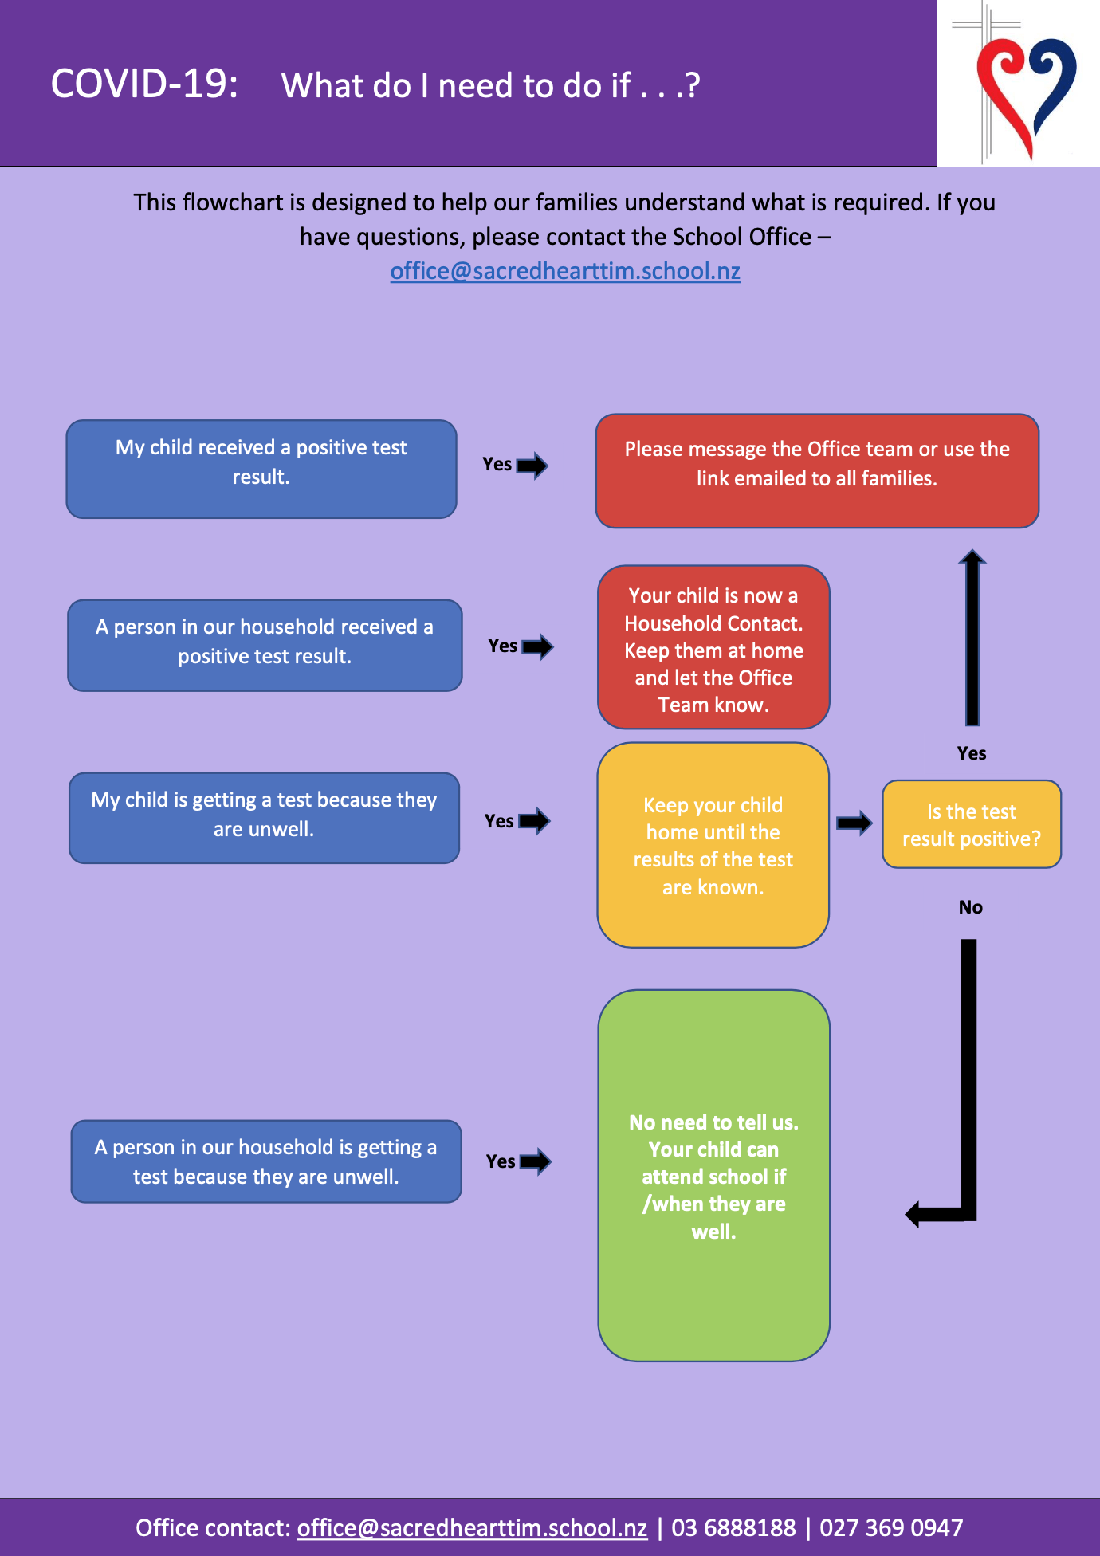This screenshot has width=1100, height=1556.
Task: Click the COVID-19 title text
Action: (x=144, y=84)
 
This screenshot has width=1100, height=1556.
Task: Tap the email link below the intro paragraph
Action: (x=565, y=271)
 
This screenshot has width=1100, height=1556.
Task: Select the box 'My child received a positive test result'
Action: (x=261, y=469)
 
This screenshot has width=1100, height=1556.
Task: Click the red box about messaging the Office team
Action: (x=817, y=470)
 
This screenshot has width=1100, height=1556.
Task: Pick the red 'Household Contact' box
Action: (x=713, y=647)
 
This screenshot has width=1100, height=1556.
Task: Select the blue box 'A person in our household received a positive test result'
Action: (x=265, y=645)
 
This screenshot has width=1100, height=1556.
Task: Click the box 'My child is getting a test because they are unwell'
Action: (x=264, y=818)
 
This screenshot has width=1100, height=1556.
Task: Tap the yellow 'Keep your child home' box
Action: (x=713, y=845)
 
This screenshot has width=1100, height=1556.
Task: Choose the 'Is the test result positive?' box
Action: (x=972, y=824)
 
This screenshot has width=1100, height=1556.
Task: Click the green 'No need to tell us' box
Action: (x=713, y=1176)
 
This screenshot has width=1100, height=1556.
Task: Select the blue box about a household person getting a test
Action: (x=266, y=1161)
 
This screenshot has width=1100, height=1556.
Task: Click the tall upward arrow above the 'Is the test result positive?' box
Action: (x=972, y=637)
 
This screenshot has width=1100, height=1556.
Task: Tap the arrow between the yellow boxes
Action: (x=854, y=823)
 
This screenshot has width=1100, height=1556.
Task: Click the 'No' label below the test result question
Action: (x=971, y=907)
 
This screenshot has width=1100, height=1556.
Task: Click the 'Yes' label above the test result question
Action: (x=972, y=753)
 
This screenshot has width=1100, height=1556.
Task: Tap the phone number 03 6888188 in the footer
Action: (x=733, y=1527)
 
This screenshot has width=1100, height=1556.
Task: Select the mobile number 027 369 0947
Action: (x=891, y=1527)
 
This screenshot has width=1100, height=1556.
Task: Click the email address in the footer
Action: (x=472, y=1528)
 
